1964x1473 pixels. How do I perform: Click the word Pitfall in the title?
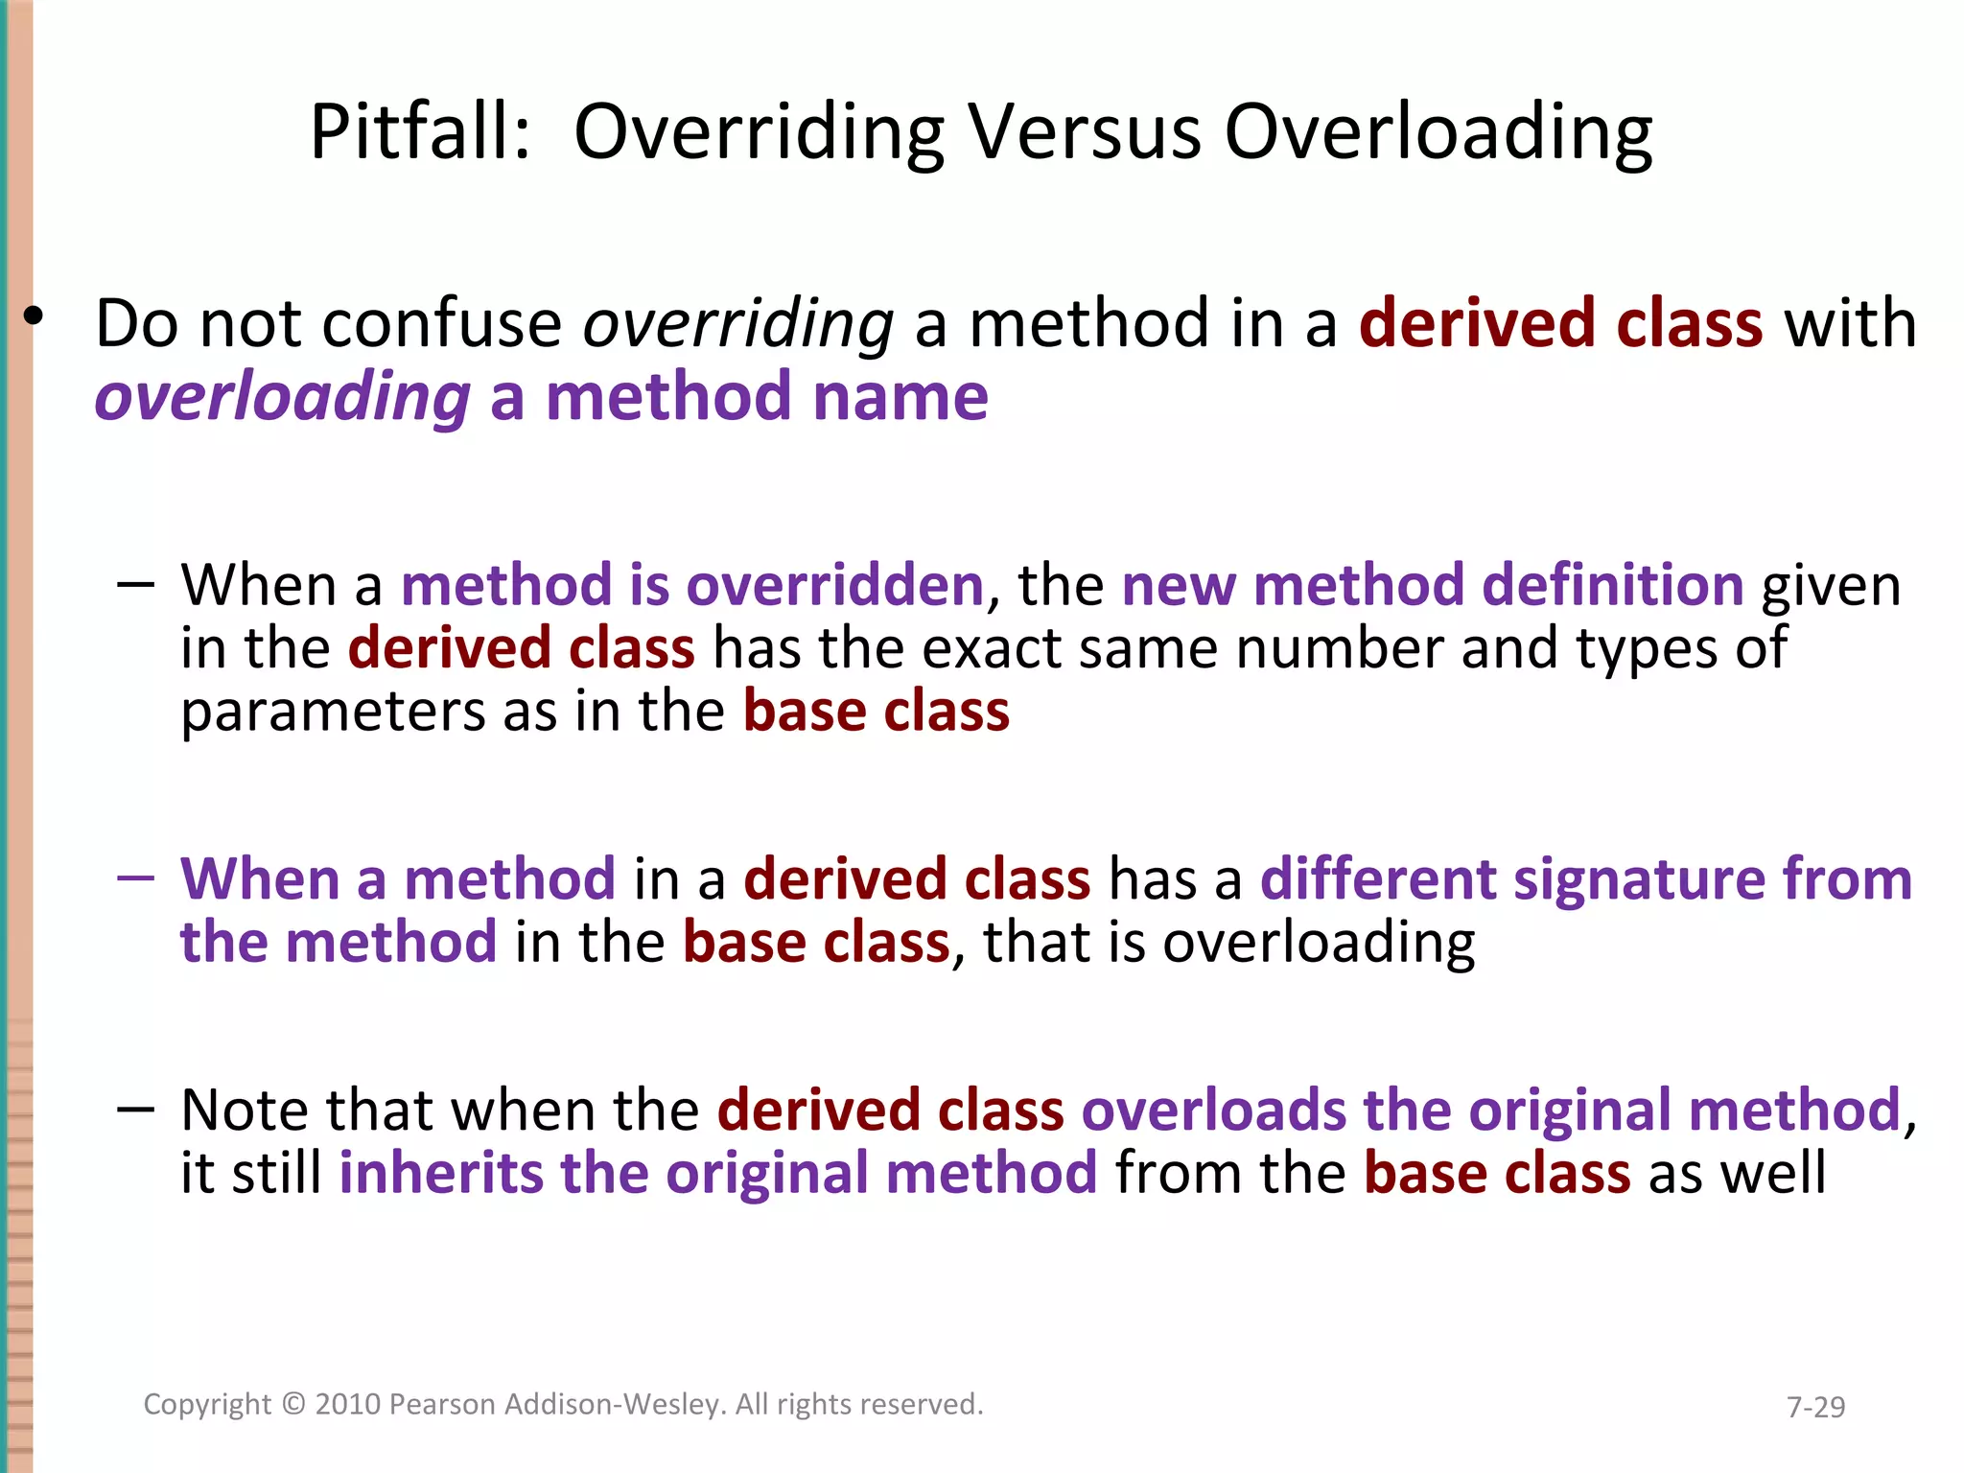[419, 132]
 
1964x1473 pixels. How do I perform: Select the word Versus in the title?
[1084, 132]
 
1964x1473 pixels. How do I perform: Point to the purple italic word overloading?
[282, 398]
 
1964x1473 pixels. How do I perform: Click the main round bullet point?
[35, 316]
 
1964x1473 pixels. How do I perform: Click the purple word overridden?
[834, 585]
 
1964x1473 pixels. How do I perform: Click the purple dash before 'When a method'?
[135, 877]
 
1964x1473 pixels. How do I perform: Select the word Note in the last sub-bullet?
[244, 1111]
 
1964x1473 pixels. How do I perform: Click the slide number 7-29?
[1815, 1407]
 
